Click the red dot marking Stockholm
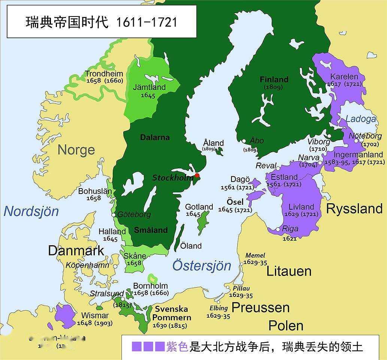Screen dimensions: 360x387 (x=197, y=175)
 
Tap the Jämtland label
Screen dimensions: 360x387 (x=149, y=87)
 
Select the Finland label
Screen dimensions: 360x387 (x=274, y=79)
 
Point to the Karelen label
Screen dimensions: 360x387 (x=344, y=76)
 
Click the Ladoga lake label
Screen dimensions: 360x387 (x=360, y=119)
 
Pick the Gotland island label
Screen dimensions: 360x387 (x=199, y=207)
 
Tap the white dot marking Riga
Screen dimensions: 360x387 (x=278, y=229)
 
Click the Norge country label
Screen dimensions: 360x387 (x=76, y=150)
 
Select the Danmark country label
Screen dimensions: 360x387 (x=76, y=250)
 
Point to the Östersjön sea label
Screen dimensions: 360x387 (x=202, y=265)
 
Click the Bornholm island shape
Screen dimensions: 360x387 (x=152, y=278)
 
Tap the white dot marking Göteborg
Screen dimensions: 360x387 (x=114, y=215)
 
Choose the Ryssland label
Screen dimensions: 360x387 (x=354, y=209)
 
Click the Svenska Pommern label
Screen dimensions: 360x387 (x=171, y=313)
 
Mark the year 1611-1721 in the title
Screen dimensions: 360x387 (x=146, y=22)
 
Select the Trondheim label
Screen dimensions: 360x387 (x=104, y=73)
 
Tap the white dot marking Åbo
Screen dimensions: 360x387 (x=244, y=141)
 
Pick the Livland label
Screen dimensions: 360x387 (x=301, y=207)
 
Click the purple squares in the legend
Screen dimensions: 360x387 (x=148, y=346)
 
